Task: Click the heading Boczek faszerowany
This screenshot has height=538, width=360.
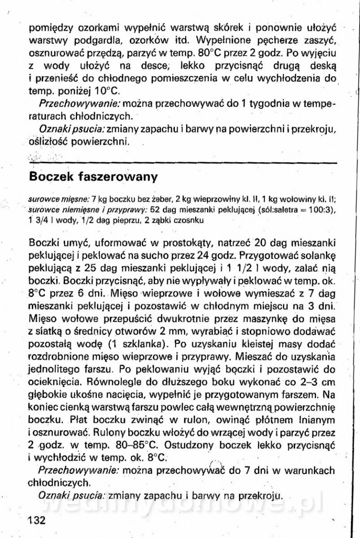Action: (93, 177)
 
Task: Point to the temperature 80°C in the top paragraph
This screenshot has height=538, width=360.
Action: (211, 52)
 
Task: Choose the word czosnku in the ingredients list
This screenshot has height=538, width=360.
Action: (192, 221)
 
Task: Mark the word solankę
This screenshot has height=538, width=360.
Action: (317, 256)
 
